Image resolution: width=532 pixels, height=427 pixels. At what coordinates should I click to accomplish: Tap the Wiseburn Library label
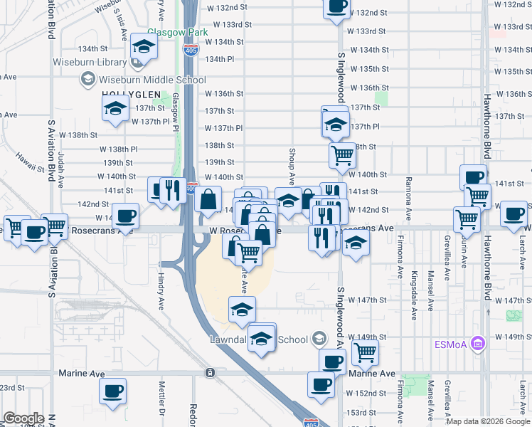click(84, 62)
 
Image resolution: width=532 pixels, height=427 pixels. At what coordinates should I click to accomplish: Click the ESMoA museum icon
click(479, 344)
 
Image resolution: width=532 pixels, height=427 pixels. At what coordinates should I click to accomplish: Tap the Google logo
click(23, 418)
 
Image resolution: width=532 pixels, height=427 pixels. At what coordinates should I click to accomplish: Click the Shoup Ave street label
click(292, 167)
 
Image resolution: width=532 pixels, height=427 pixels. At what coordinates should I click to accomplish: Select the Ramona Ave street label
click(408, 198)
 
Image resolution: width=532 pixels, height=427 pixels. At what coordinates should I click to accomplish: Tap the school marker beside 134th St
click(144, 48)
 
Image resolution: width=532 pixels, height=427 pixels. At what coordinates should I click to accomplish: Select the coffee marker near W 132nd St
click(336, 7)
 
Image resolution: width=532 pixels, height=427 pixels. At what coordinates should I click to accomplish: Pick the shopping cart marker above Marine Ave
click(365, 351)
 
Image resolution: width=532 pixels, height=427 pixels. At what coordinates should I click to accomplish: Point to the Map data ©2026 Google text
click(489, 421)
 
